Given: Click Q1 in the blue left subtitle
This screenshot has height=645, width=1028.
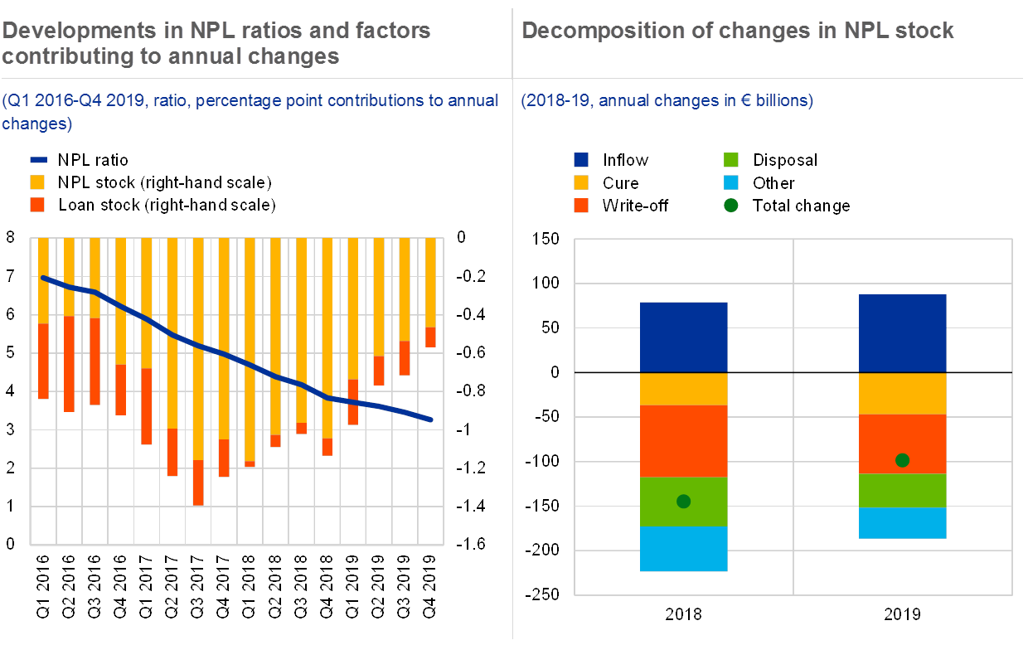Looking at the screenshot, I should pyautogui.click(x=17, y=101).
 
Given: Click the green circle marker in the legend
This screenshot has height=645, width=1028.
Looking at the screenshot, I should pyautogui.click(x=730, y=206).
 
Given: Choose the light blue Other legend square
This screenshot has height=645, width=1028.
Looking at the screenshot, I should pyautogui.click(x=730, y=183).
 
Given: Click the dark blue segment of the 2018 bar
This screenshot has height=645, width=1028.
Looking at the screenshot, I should pyautogui.click(x=683, y=337).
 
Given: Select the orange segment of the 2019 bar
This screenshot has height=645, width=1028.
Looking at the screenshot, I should pyautogui.click(x=903, y=444).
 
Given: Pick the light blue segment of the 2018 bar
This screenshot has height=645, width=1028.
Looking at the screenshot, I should pyautogui.click(x=683, y=549).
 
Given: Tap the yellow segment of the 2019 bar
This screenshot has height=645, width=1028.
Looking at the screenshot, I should pyautogui.click(x=903, y=394).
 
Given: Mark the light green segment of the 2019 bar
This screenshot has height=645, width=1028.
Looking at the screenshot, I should pyautogui.click(x=903, y=490).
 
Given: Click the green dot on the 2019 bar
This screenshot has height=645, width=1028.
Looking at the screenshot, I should pyautogui.click(x=903, y=460).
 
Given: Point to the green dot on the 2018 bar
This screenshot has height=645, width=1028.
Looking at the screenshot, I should pyautogui.click(x=683, y=501).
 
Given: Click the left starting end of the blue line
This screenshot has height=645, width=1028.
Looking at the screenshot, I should pyautogui.click(x=41, y=277).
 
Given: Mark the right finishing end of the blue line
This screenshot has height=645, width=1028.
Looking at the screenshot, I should pyautogui.click(x=431, y=420).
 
